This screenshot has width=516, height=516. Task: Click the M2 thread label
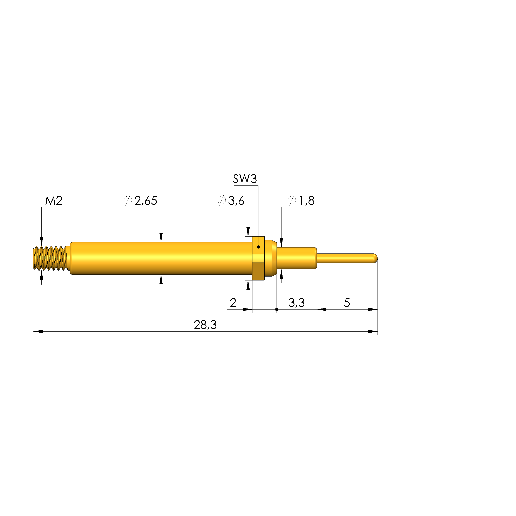click(x=54, y=201)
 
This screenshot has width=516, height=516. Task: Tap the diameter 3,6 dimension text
click(x=231, y=200)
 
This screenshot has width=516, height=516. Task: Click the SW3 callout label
click(x=245, y=179)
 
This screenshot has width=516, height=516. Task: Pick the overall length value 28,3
click(x=205, y=325)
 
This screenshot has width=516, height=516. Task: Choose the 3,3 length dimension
click(x=297, y=303)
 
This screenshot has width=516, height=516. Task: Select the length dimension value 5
click(x=347, y=303)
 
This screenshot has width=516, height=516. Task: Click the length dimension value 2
click(x=233, y=303)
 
